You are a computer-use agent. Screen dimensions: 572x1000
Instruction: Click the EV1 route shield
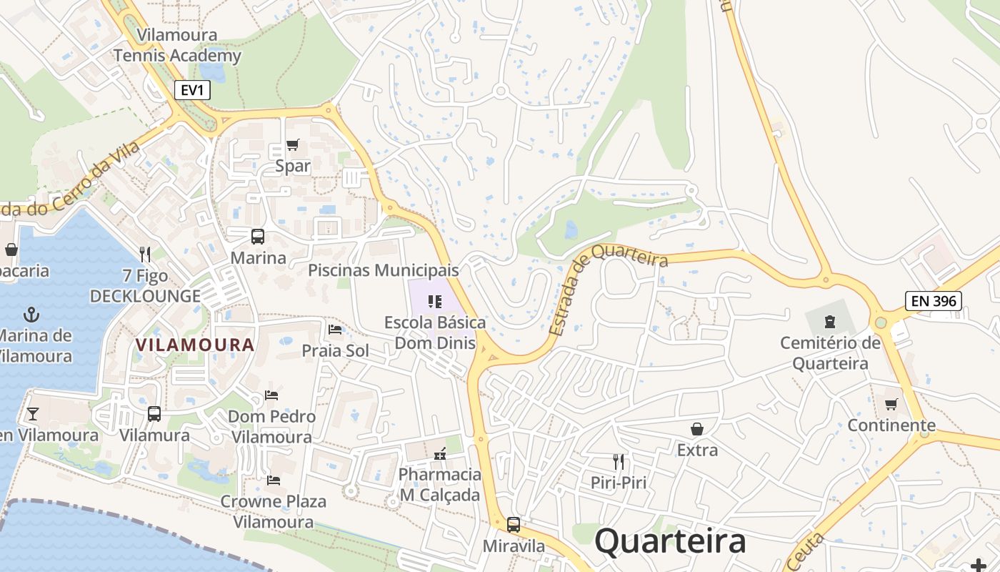[x=192, y=90]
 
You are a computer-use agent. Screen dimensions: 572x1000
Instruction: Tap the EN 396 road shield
[x=934, y=301]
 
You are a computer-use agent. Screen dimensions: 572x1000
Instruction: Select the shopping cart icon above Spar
[x=292, y=146]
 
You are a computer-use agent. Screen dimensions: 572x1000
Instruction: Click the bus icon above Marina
[x=258, y=237]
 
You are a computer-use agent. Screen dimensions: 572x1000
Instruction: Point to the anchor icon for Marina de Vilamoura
[x=31, y=315]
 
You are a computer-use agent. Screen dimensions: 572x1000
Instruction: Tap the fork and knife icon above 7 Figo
[x=145, y=254]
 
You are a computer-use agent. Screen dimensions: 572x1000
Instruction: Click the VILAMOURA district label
[x=195, y=345]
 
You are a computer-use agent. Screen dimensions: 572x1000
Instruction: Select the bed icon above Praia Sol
[x=335, y=330]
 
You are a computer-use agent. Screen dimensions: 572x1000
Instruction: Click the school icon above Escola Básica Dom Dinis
[x=434, y=302]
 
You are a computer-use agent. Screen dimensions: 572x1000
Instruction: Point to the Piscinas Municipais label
[x=384, y=270]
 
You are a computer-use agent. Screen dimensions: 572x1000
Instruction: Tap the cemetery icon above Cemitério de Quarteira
[x=829, y=321]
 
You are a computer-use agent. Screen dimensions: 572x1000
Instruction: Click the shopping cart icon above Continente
[x=891, y=405]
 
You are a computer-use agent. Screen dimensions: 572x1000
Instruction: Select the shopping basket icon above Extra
[x=696, y=429]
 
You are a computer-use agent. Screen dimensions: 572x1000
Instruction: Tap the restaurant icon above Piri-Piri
[x=619, y=462]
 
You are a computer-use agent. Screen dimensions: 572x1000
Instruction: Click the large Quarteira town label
[x=670, y=541]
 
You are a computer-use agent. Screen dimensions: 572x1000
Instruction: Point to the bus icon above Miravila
[x=514, y=525]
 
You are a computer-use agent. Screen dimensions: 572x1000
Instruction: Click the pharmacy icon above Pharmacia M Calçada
[x=440, y=453]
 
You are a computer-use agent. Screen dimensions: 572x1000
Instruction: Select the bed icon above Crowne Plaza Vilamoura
[x=273, y=480]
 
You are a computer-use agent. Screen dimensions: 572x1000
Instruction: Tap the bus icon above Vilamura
[x=154, y=413]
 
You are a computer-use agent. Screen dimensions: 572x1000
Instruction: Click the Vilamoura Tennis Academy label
[x=177, y=45]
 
